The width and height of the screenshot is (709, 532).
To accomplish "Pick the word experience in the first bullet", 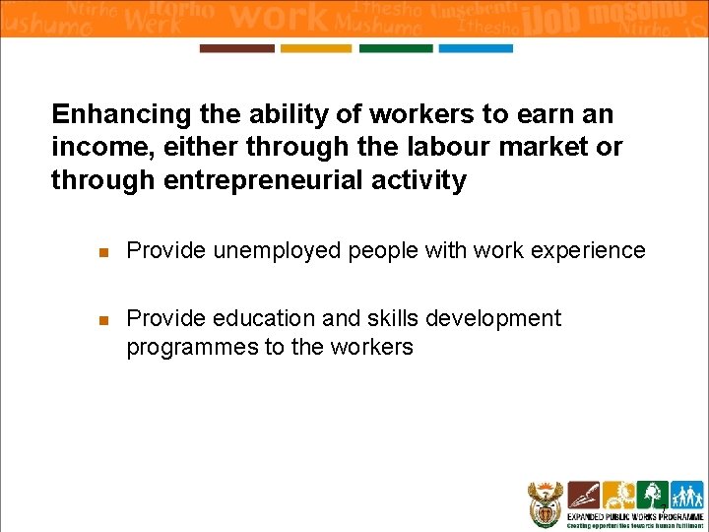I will click(589, 251).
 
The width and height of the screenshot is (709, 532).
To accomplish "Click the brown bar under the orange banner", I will click(236, 48).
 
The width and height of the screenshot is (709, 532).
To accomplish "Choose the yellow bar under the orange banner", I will click(316, 48).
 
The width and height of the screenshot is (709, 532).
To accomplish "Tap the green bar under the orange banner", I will click(396, 48).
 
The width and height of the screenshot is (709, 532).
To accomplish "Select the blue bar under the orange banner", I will click(476, 48).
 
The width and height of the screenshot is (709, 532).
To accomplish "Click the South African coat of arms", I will click(544, 503).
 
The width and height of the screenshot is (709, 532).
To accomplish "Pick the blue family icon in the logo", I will click(685, 495).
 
